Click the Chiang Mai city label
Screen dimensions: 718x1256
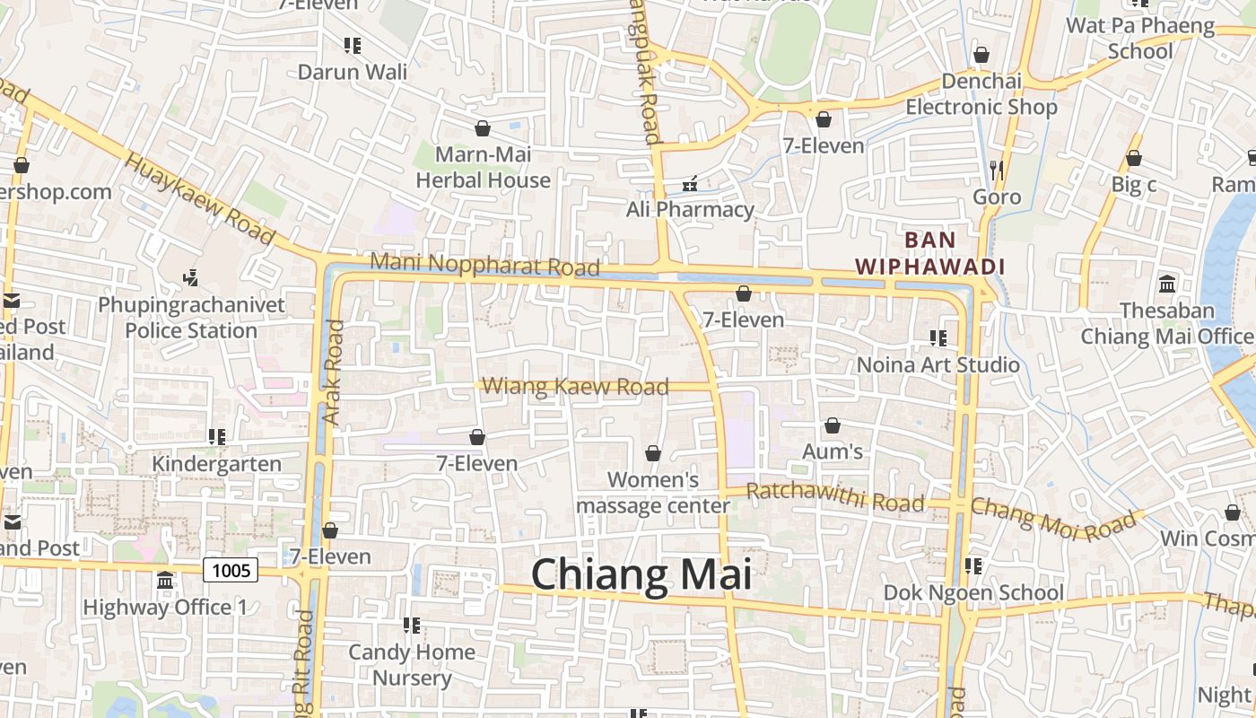[641, 574]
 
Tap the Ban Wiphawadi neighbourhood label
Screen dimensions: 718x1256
[929, 253]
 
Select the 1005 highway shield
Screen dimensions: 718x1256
[231, 569]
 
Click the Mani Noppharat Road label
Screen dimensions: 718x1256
[484, 265]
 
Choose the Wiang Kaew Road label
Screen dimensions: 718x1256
[575, 387]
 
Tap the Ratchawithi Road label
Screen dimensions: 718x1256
[834, 495]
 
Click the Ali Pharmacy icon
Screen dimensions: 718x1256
[690, 184]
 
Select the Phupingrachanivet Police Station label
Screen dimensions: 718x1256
[191, 318]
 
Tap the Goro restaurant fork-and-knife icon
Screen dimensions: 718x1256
[997, 169]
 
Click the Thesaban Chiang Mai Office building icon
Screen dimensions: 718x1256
[1167, 284]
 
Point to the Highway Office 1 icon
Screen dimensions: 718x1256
[165, 581]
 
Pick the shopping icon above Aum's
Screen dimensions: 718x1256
[833, 425]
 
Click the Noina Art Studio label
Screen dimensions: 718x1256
[938, 364]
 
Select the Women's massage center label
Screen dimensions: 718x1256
[652, 493]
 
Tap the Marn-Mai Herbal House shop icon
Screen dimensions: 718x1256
[483, 128]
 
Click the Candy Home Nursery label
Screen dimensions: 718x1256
[412, 664]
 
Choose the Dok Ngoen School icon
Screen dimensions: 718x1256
[973, 566]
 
